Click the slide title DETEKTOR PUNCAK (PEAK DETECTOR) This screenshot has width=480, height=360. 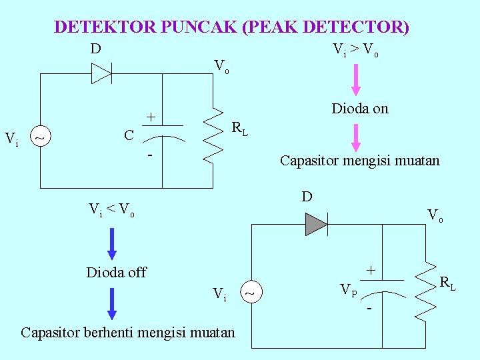pyautogui.click(x=231, y=27)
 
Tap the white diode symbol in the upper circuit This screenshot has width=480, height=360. pyautogui.click(x=101, y=73)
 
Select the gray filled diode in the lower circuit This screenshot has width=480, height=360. pyautogui.click(x=316, y=224)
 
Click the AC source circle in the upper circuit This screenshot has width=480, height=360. pyautogui.click(x=41, y=138)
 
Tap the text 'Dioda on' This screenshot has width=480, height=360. pyautogui.click(x=360, y=109)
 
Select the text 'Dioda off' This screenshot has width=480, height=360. pyautogui.click(x=116, y=272)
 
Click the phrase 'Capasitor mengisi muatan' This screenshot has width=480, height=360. pyautogui.click(x=359, y=161)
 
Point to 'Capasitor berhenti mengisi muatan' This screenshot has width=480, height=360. pyautogui.click(x=128, y=331)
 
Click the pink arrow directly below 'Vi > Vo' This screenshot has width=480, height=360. pyautogui.click(x=356, y=80)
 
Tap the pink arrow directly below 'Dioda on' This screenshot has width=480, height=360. pyautogui.click(x=356, y=138)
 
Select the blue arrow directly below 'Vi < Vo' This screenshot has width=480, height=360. pyautogui.click(x=111, y=243)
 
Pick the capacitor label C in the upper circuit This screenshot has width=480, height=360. pyautogui.click(x=129, y=136)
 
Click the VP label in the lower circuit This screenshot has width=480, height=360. pyautogui.click(x=348, y=290)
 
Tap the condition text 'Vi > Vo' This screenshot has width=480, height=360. pyautogui.click(x=355, y=50)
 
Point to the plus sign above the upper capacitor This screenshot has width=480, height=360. pyautogui.click(x=151, y=117)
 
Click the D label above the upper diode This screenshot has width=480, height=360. pyautogui.click(x=96, y=49)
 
